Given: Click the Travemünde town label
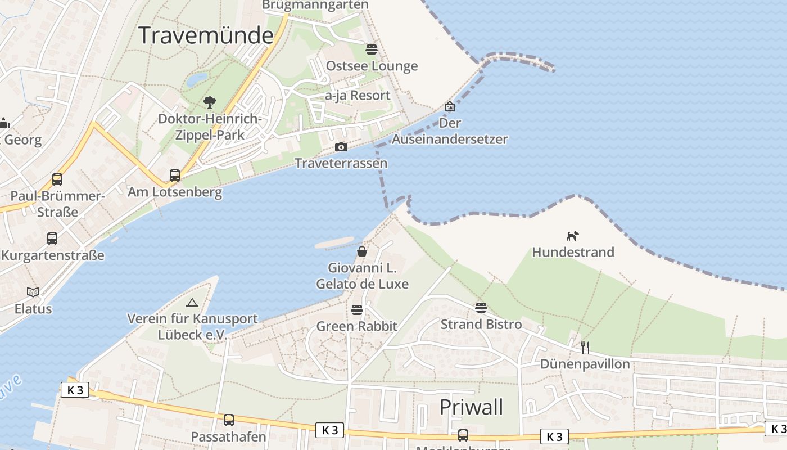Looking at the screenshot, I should click(206, 35).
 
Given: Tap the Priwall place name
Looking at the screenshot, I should click(471, 407).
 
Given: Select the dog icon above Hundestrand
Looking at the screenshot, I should click(572, 236).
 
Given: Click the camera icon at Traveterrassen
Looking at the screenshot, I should click(341, 147).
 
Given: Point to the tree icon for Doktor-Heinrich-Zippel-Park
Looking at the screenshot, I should click(210, 102).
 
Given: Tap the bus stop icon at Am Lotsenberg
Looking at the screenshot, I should click(175, 175).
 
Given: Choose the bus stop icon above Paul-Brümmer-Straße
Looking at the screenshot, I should click(57, 179).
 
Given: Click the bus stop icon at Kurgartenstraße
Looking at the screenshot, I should click(52, 238).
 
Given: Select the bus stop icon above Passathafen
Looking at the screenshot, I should click(228, 420).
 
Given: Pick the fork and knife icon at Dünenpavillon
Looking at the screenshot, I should click(585, 347).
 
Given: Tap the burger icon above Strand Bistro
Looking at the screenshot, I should click(481, 308).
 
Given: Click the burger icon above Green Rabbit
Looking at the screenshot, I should click(356, 309).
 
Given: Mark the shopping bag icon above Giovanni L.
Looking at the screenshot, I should click(362, 251).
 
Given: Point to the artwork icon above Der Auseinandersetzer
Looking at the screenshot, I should click(450, 106).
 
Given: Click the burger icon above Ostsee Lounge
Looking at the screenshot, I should click(371, 49).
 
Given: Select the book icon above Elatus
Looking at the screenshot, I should click(33, 292).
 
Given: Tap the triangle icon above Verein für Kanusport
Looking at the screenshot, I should click(192, 303).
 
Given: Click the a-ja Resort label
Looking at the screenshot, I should click(358, 96).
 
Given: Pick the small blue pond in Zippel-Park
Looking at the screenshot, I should click(196, 80).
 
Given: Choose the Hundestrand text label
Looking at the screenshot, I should click(573, 252).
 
